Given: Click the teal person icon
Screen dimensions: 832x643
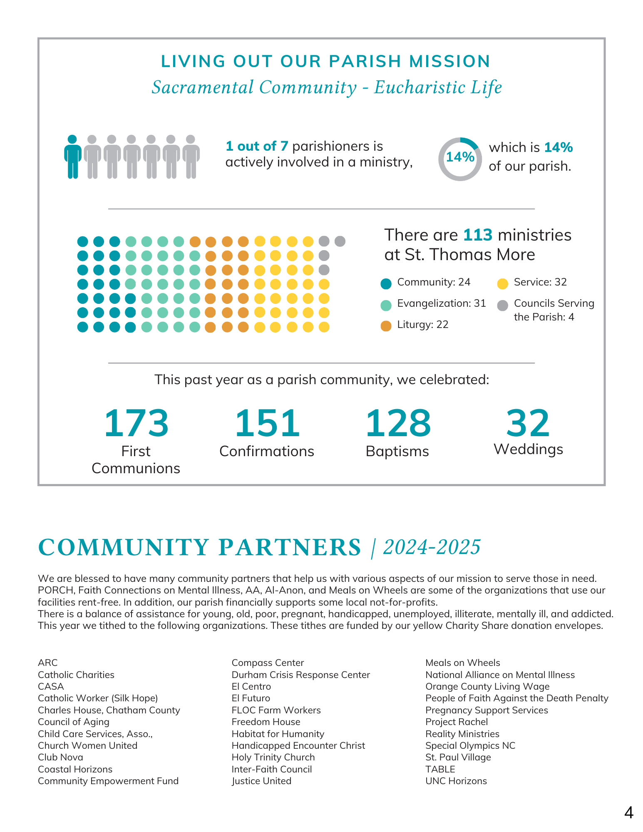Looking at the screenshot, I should pyautogui.click(x=73, y=157).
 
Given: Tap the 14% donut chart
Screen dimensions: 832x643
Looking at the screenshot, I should pyautogui.click(x=460, y=159).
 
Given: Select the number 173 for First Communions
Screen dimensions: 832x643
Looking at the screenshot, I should pyautogui.click(x=136, y=423).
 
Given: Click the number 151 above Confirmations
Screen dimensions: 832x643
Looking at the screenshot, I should pyautogui.click(x=267, y=423).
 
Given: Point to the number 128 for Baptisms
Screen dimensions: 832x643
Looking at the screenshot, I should pyautogui.click(x=398, y=423).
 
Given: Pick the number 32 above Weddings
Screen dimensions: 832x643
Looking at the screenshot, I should pyautogui.click(x=528, y=423).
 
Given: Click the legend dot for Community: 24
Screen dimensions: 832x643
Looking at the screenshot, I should pyautogui.click(x=386, y=284).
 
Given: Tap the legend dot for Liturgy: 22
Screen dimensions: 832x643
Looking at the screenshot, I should pyautogui.click(x=386, y=326).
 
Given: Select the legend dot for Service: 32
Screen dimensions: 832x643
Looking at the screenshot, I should pyautogui.click(x=503, y=284).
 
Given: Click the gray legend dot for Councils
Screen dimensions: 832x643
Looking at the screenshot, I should pyautogui.click(x=503, y=305).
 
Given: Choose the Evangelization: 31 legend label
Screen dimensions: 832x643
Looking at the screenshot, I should pyautogui.click(x=442, y=303).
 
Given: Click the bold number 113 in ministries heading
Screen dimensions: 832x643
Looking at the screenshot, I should pyautogui.click(x=478, y=235).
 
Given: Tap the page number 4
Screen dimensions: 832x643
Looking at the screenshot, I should pyautogui.click(x=628, y=812).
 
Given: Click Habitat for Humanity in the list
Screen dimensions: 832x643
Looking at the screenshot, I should pyautogui.click(x=278, y=734).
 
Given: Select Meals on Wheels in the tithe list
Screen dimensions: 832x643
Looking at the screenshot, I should pyautogui.click(x=462, y=663).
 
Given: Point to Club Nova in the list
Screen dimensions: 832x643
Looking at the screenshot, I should pyautogui.click(x=60, y=757).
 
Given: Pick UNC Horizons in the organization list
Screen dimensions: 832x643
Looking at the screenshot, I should pyautogui.click(x=456, y=781).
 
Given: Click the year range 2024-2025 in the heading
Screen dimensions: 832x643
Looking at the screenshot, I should pyautogui.click(x=432, y=547).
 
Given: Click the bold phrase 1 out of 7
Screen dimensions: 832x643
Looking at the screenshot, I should pyautogui.click(x=257, y=146).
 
